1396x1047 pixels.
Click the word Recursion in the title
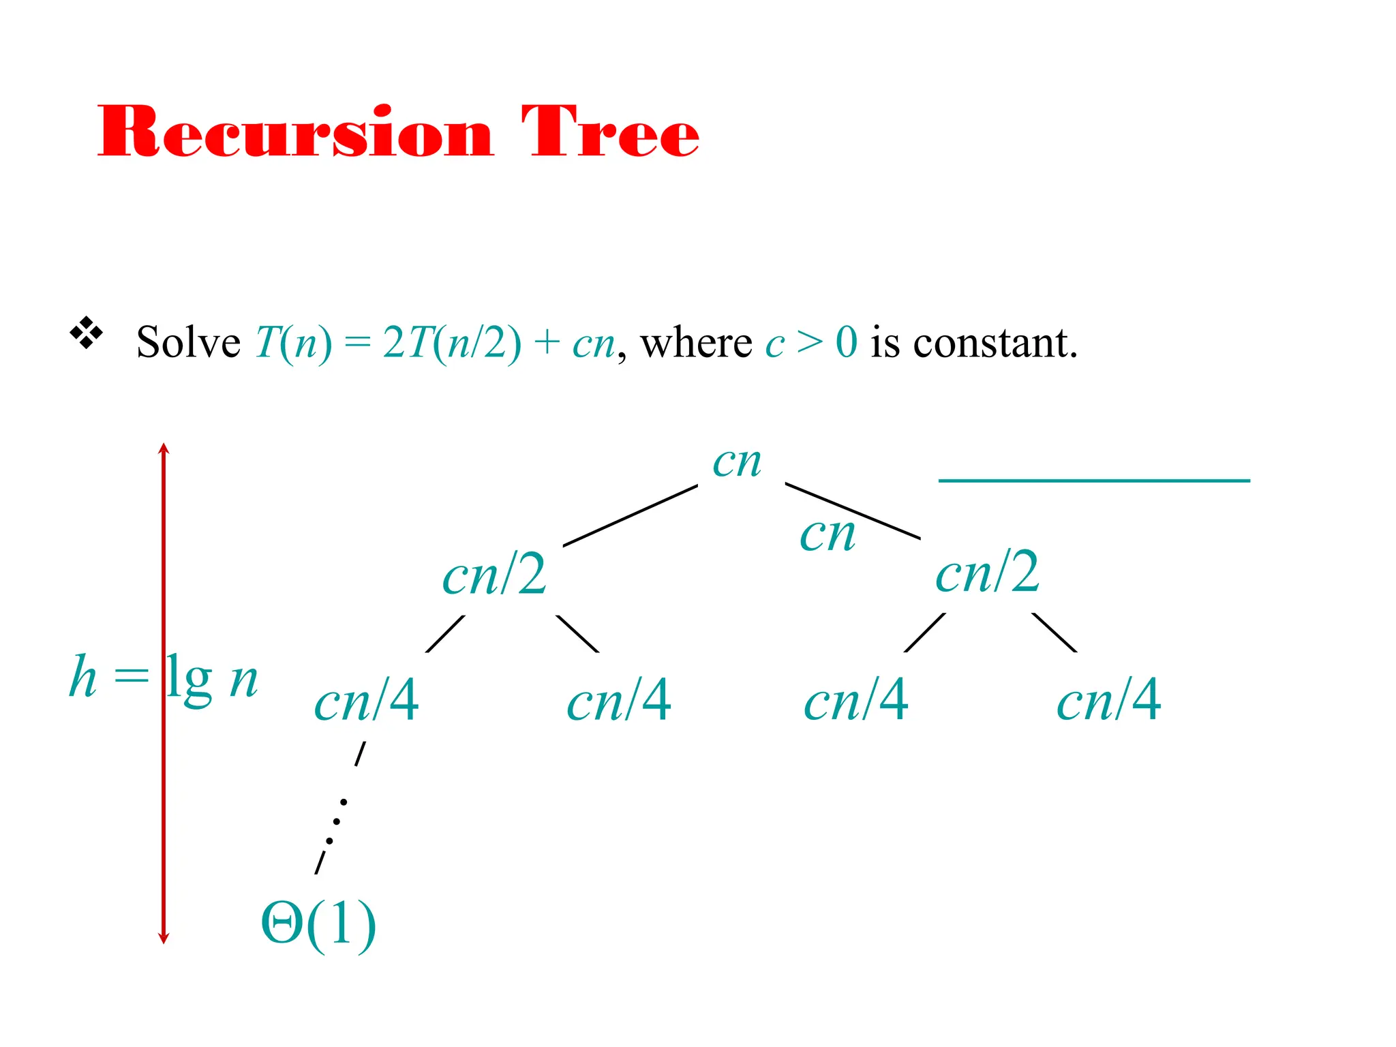tap(295, 132)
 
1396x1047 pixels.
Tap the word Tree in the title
tap(610, 132)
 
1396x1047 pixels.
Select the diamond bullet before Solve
tap(87, 333)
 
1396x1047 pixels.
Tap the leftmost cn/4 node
tap(367, 701)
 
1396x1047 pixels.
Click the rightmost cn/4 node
tap(1109, 700)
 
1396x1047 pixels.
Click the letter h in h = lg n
tap(83, 676)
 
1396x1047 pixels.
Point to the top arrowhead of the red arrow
tap(164, 449)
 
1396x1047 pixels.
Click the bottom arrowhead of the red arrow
tap(164, 938)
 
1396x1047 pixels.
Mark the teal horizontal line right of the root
tap(1094, 481)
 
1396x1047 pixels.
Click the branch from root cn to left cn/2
tap(631, 515)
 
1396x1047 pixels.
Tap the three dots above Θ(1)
tap(337, 821)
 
